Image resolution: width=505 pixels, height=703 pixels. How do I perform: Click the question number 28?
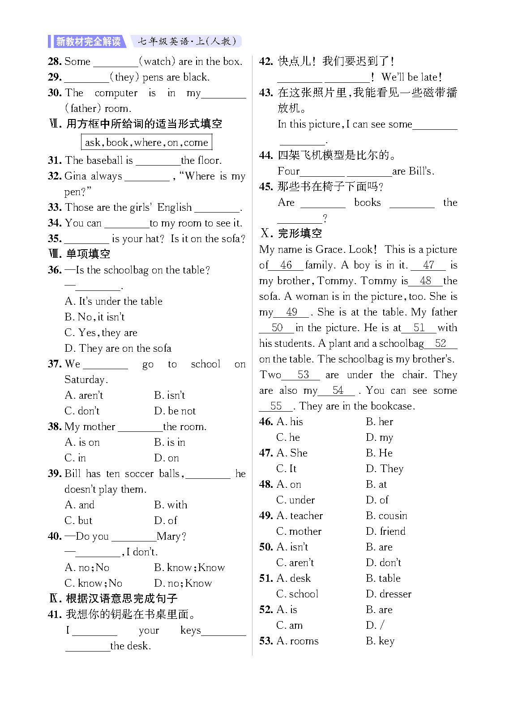[54, 61]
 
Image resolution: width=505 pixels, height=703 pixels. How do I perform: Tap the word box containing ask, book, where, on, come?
[146, 142]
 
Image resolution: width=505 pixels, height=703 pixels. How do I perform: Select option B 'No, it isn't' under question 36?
[94, 317]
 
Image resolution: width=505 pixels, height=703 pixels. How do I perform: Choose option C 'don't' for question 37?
[82, 411]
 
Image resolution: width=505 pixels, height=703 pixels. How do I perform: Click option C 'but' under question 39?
[78, 520]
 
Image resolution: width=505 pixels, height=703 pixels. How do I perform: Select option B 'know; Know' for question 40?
[189, 567]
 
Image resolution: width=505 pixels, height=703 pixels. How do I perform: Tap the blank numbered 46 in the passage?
[286, 265]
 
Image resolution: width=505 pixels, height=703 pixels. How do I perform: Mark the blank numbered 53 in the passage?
[303, 375]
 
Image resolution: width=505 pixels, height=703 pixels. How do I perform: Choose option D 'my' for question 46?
[379, 437]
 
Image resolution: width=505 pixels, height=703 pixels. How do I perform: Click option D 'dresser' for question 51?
[388, 594]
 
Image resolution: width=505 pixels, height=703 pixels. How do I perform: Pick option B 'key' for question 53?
[380, 641]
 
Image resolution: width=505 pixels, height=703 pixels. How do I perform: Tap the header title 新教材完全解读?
[88, 42]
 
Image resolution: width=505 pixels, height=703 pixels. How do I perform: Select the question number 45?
[265, 187]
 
